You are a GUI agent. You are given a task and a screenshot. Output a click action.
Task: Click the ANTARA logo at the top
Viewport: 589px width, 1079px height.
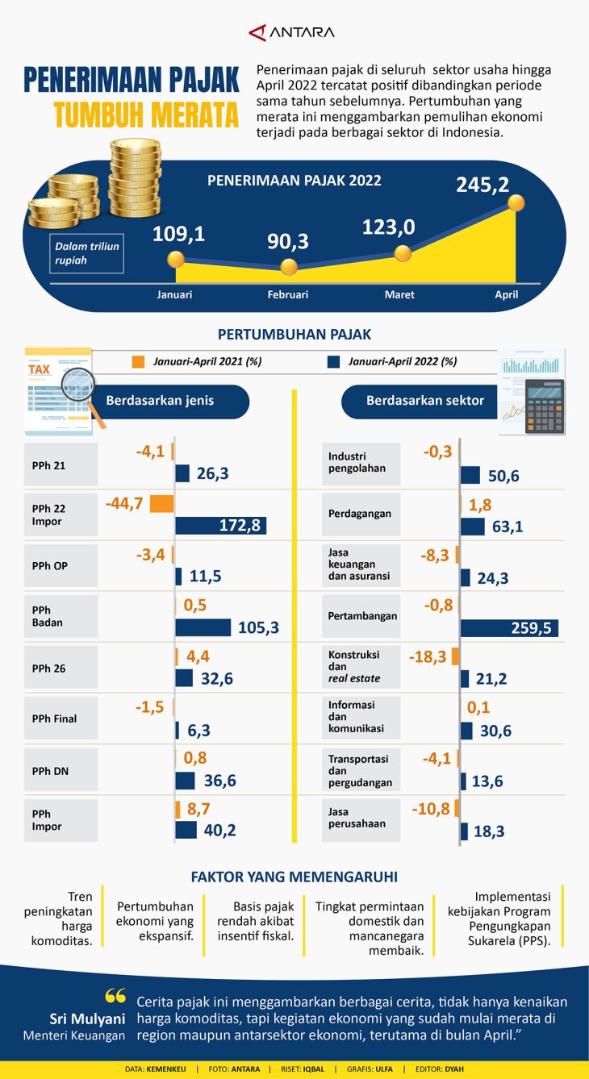click(292, 32)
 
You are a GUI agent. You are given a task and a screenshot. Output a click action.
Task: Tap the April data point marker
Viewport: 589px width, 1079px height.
click(516, 203)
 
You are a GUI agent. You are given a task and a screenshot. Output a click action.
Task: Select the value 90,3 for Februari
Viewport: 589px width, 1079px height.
click(288, 241)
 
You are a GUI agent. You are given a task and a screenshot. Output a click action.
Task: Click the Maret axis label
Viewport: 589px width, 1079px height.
click(399, 295)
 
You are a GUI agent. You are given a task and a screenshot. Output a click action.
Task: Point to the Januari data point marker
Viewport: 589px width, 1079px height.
click(175, 260)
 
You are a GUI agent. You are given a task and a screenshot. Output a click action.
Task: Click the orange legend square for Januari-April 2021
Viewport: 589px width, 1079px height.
click(138, 362)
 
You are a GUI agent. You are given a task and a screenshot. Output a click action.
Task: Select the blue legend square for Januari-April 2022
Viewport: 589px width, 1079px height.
click(333, 362)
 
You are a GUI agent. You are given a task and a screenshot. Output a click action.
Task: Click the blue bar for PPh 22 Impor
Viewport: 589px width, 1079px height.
click(221, 526)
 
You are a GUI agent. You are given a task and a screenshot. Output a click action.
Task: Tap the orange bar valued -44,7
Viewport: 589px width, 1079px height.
click(162, 504)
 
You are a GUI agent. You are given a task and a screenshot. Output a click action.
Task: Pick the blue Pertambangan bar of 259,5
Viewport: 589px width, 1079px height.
click(509, 627)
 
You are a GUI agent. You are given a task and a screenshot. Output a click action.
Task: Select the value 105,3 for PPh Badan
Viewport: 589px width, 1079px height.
click(258, 627)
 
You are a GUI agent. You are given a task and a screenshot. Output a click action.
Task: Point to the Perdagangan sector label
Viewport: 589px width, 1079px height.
click(360, 514)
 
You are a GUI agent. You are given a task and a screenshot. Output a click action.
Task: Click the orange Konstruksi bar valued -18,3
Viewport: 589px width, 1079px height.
click(455, 656)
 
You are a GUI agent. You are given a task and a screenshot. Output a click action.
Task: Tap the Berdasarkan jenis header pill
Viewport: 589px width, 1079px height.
click(160, 401)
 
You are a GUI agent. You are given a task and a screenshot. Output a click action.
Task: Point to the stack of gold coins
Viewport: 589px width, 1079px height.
click(135, 177)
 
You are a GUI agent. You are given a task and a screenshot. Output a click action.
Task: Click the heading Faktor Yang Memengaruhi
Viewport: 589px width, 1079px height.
click(294, 877)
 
